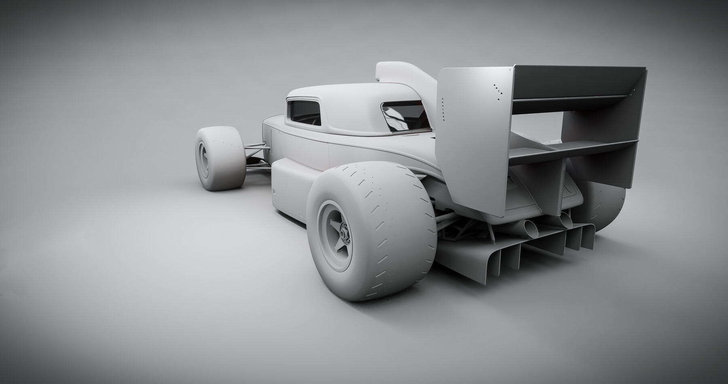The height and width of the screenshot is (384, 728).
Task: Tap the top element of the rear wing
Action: (578, 81)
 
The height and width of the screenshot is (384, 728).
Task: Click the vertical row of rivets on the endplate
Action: (443, 109)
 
